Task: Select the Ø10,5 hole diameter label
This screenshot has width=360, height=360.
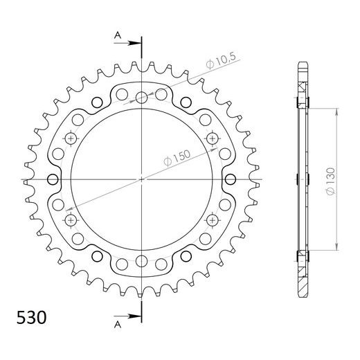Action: coord(220,64)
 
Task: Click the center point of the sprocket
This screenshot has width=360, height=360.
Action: coord(141,179)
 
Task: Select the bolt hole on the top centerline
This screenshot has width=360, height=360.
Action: coord(141,97)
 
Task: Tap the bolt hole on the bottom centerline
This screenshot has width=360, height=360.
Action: coord(141,260)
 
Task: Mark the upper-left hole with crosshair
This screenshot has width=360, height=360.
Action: coord(71,138)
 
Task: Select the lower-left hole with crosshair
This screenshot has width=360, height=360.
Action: coord(71,219)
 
